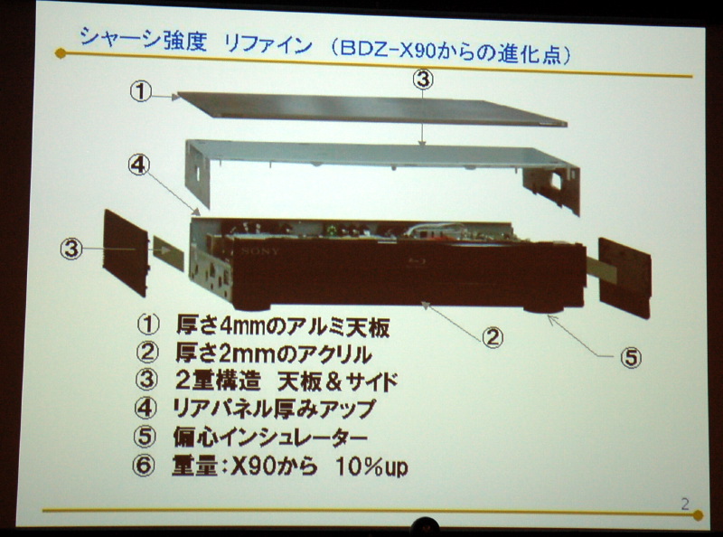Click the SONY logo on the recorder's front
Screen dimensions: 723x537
(260, 251)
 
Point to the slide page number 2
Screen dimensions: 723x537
(685, 504)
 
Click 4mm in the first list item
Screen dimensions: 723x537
(243, 326)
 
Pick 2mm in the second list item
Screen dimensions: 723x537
(243, 353)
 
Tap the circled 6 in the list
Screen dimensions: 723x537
(144, 465)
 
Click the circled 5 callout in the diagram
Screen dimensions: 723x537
(631, 357)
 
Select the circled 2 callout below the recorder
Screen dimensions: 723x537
(493, 338)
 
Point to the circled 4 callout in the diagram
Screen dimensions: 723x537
(139, 165)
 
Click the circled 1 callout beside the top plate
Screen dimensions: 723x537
(141, 91)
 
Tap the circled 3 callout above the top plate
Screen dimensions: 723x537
(423, 80)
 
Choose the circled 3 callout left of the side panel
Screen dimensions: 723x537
(71, 250)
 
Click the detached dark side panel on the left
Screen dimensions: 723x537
(126, 253)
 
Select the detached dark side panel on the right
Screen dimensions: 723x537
(624, 278)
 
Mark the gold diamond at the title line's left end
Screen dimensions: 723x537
(61, 53)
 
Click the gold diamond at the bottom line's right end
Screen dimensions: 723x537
(698, 515)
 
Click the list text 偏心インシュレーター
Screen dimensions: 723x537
(270, 437)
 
